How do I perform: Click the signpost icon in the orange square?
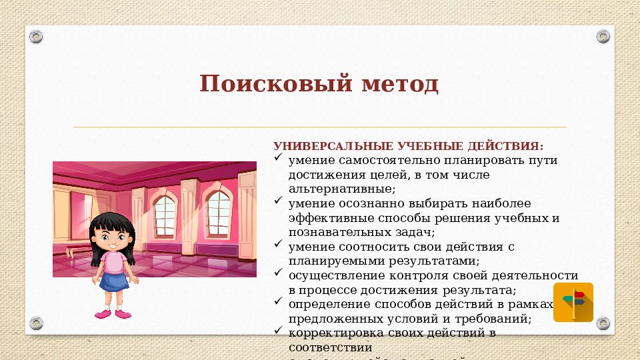click(x=573, y=302)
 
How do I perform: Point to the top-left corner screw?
click(x=37, y=35)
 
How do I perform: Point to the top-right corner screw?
click(x=603, y=35)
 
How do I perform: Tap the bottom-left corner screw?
click(x=37, y=324)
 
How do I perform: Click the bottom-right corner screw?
click(x=603, y=324)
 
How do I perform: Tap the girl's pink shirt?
click(x=113, y=263)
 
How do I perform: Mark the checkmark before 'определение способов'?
click(x=279, y=303)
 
